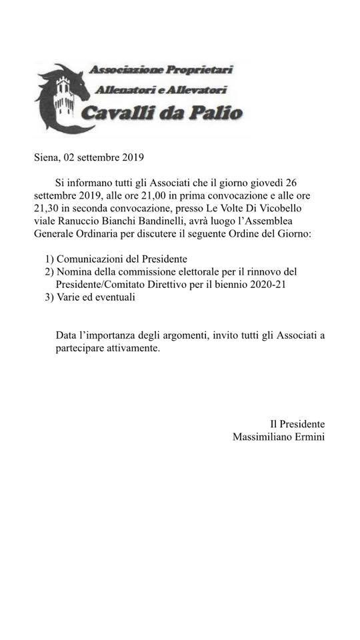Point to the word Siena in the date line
pyautogui.click(x=46, y=158)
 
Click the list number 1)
pyautogui.click(x=49, y=259)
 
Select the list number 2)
pyautogui.click(x=49, y=271)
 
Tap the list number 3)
pyautogui.click(x=49, y=297)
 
